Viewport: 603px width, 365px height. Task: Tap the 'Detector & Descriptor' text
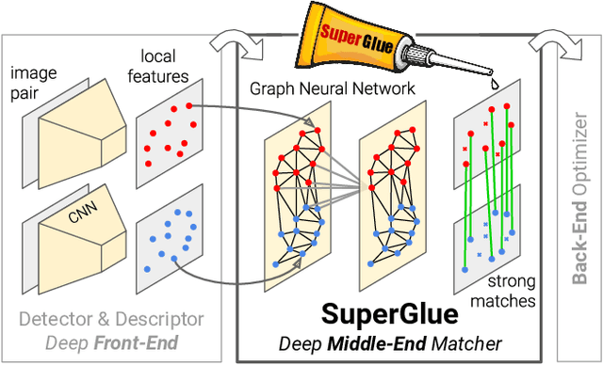coord(111,319)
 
